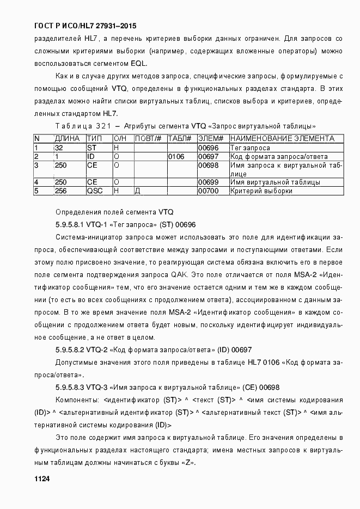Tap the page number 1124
coord(42,479)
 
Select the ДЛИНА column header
coord(67,139)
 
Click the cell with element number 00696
coord(208,148)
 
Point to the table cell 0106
coord(176,156)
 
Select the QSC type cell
coord(94,191)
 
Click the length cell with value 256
coord(61,191)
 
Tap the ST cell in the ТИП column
coord(91,148)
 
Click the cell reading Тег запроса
coord(250,148)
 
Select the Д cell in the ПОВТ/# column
coord(138,191)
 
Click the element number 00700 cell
coord(208,191)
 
